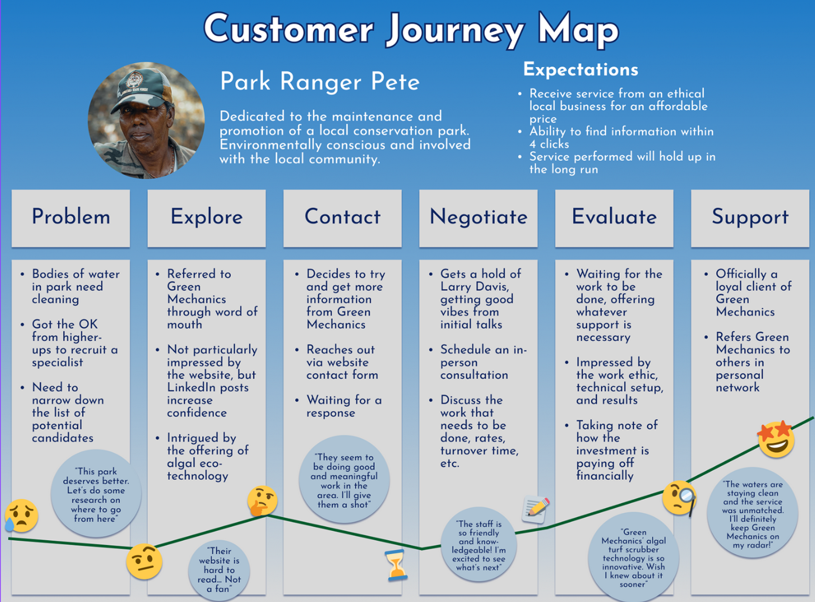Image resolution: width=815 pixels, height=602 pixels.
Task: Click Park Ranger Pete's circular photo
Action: click(x=146, y=120)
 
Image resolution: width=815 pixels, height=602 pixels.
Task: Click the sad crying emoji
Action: click(x=22, y=516)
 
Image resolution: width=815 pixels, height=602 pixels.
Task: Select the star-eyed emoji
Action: click(x=776, y=439)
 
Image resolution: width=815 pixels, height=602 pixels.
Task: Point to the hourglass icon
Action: click(x=396, y=565)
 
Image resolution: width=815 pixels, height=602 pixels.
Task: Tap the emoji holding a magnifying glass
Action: click(x=680, y=498)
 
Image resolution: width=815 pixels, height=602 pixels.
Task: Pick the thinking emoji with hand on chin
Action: click(x=262, y=500)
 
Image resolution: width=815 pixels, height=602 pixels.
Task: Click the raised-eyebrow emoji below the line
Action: click(x=144, y=561)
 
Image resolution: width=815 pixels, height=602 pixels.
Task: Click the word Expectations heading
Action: click(x=581, y=70)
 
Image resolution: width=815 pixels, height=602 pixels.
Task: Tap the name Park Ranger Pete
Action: click(x=320, y=82)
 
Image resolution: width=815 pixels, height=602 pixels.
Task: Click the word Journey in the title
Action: click(x=456, y=30)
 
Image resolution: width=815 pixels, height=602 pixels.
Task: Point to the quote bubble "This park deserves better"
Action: click(x=96, y=494)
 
